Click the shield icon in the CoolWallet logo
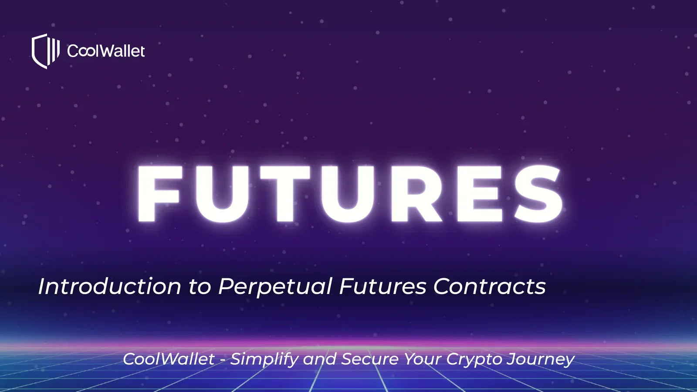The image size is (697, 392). coord(45,51)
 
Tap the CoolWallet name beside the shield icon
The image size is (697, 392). coord(106,51)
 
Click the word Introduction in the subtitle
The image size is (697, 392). coord(109,287)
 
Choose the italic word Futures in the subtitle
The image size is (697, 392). coord(382,287)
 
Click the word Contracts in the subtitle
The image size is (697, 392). coord(489,287)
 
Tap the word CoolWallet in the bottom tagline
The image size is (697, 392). coord(169,359)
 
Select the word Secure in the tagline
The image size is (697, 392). coord(370,359)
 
